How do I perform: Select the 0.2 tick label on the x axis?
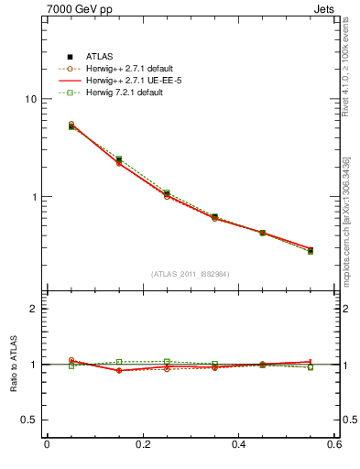pos(142,445)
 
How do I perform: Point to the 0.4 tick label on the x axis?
pos(238,445)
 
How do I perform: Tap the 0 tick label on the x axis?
pos(47,445)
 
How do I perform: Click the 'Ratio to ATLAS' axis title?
pos(13,364)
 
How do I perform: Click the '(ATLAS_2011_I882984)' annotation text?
pos(191,274)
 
